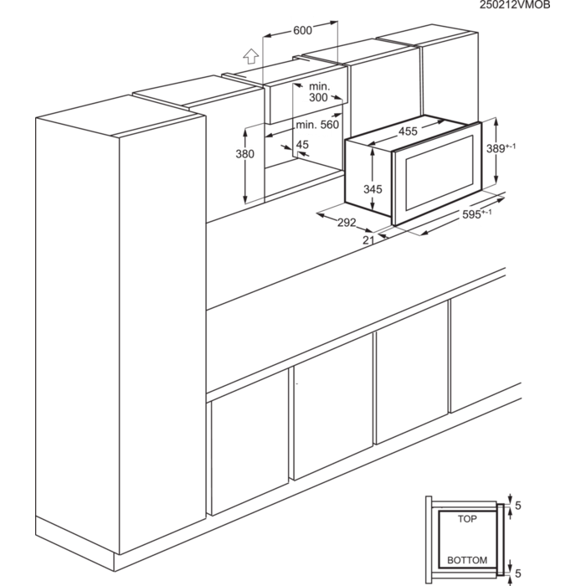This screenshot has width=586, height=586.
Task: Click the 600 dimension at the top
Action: tap(302, 30)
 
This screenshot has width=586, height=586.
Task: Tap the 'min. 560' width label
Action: tap(315, 125)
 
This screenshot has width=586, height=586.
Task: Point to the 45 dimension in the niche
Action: tap(302, 144)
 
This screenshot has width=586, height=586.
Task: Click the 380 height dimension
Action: tap(244, 154)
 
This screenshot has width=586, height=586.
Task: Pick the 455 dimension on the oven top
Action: tap(408, 131)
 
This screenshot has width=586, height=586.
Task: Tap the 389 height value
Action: tap(496, 147)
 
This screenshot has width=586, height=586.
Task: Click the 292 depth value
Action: tap(347, 222)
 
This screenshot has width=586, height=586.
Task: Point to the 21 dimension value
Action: tap(368, 241)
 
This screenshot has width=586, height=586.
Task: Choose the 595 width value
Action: tap(472, 214)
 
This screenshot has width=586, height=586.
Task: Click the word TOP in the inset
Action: tap(467, 519)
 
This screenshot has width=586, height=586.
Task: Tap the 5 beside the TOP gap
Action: tap(518, 506)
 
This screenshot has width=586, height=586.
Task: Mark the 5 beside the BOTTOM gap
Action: tap(518, 573)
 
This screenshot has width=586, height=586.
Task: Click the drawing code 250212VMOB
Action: tap(515, 6)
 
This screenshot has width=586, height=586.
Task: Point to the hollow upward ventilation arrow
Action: tap(248, 57)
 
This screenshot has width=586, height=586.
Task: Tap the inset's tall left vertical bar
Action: tap(429, 540)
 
